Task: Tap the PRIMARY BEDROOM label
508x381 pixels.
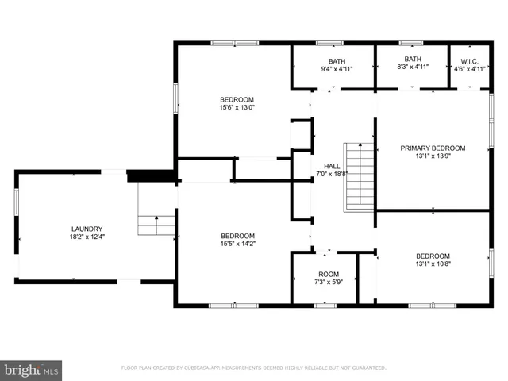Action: [x=433, y=148]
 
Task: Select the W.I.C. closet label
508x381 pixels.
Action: [x=468, y=60]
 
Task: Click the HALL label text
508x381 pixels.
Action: [x=332, y=166]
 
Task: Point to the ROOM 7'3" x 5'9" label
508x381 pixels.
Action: [x=329, y=274]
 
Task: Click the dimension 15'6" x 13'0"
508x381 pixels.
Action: [x=237, y=107]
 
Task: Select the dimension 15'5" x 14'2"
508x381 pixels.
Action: [x=237, y=244]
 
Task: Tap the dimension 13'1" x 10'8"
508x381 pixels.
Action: [x=433, y=264]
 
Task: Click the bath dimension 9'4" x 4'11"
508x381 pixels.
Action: [x=337, y=68]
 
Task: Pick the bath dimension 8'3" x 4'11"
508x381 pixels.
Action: [x=412, y=67]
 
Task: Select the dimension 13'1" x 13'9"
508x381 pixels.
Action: [x=433, y=156]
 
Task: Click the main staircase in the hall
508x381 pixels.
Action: [x=359, y=177]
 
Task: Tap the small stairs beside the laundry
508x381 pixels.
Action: [x=156, y=210]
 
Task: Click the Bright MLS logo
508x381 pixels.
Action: [x=32, y=369]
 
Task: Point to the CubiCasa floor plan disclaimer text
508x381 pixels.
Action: [x=253, y=368]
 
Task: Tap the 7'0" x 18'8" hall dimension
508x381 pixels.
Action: [x=332, y=174]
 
